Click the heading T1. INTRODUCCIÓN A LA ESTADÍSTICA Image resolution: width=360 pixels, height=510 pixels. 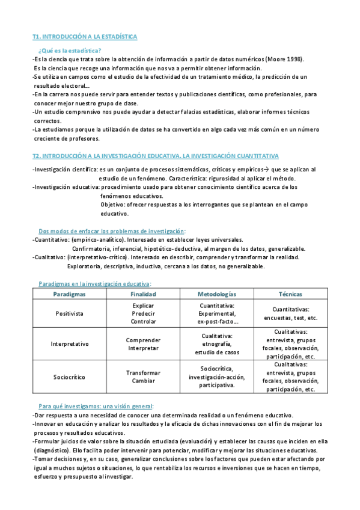[x=84, y=37]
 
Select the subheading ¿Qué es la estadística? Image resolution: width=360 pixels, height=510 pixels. [x=70, y=50]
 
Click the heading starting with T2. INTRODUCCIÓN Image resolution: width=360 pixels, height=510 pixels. [x=155, y=156]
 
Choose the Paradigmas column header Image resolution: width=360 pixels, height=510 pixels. [x=69, y=294]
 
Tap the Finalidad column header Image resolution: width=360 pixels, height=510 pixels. [x=143, y=294]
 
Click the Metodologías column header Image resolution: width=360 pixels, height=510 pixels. [x=216, y=294]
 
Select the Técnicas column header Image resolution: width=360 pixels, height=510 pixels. [x=290, y=294]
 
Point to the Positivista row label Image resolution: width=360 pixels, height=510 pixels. [x=69, y=313]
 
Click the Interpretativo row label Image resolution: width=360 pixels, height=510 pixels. [x=69, y=344]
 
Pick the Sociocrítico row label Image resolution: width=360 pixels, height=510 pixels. [x=69, y=377]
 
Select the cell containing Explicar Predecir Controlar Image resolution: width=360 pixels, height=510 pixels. [x=143, y=313]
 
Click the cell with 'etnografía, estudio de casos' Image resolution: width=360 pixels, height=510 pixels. [x=216, y=344]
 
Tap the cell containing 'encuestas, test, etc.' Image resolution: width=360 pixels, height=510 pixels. [x=290, y=313]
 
